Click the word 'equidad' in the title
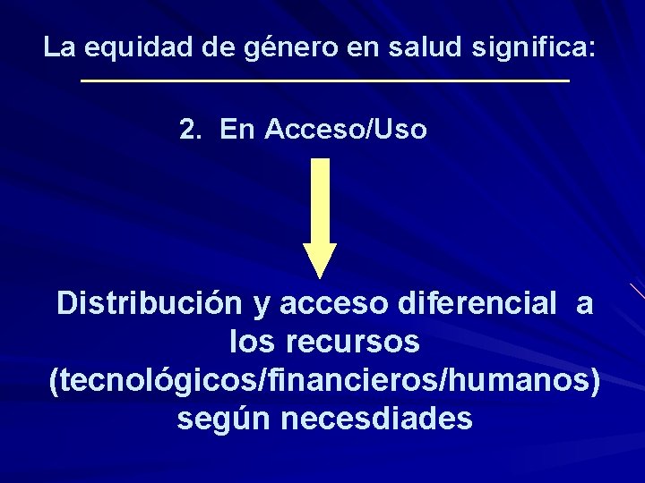coord(134,47)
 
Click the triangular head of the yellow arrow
coord(320,259)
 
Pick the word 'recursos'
coord(362,343)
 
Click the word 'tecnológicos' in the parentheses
coord(157,381)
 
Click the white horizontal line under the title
coord(324,81)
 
